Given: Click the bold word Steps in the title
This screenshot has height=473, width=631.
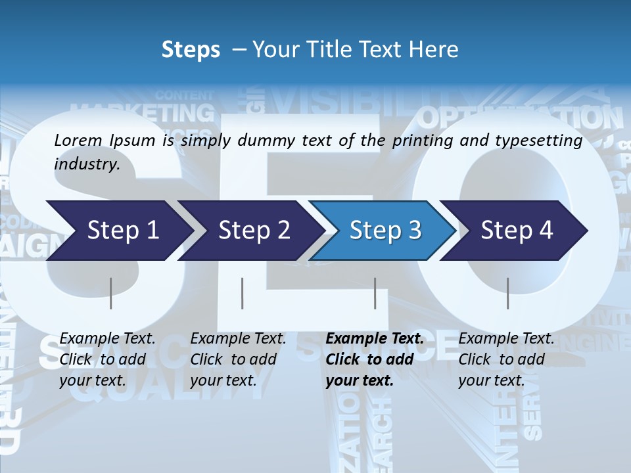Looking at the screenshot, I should pyautogui.click(x=191, y=49).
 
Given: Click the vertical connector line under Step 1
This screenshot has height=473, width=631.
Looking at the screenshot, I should pyautogui.click(x=110, y=293).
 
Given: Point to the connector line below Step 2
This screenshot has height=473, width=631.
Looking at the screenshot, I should pyautogui.click(x=243, y=293).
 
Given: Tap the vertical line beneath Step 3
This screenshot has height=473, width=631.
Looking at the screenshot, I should pyautogui.click(x=375, y=293).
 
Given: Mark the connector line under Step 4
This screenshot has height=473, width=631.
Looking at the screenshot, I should pyautogui.click(x=507, y=293).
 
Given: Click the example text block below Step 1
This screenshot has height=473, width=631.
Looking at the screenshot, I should pyautogui.click(x=107, y=359).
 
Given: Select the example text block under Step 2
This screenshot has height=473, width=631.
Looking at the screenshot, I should pyautogui.click(x=238, y=359).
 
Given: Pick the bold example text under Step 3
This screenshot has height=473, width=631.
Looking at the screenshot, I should pyautogui.click(x=375, y=359).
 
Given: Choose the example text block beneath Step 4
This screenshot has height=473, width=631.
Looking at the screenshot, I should pyautogui.click(x=506, y=359).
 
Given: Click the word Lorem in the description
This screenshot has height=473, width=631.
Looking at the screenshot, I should pyautogui.click(x=78, y=140).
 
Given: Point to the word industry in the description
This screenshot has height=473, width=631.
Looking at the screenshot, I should pyautogui.click(x=87, y=164).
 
